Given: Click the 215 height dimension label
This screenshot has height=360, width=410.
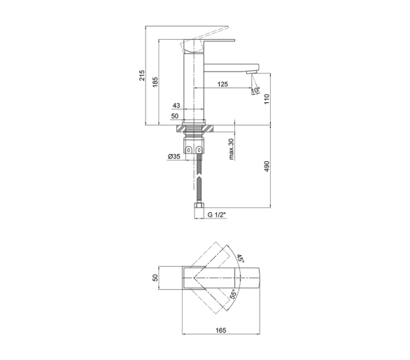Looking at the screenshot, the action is (x=142, y=76).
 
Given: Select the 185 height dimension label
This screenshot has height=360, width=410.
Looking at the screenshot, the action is (x=155, y=82).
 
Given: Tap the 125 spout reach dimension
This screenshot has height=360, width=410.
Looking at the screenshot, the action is (x=222, y=84).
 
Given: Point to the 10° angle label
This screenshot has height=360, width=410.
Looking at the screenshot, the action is (x=255, y=90).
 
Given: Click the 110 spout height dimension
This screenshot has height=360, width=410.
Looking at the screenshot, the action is (x=267, y=99).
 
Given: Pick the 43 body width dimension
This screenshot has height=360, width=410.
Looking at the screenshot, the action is (x=176, y=105).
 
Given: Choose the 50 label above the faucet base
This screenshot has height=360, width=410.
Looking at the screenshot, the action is (x=175, y=116).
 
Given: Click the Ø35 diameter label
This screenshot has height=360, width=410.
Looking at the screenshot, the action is (x=174, y=156).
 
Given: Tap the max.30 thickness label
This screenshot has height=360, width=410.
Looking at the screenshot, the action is (x=232, y=149).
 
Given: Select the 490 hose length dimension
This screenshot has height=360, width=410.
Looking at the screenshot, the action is (x=267, y=166).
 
